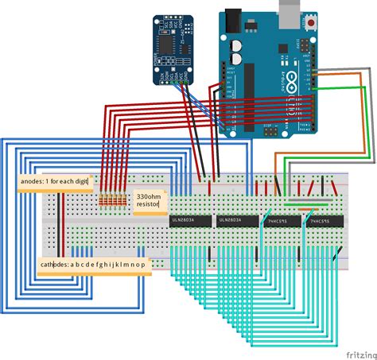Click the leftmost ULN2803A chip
191,221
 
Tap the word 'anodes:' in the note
33,182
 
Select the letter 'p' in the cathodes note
142,264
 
